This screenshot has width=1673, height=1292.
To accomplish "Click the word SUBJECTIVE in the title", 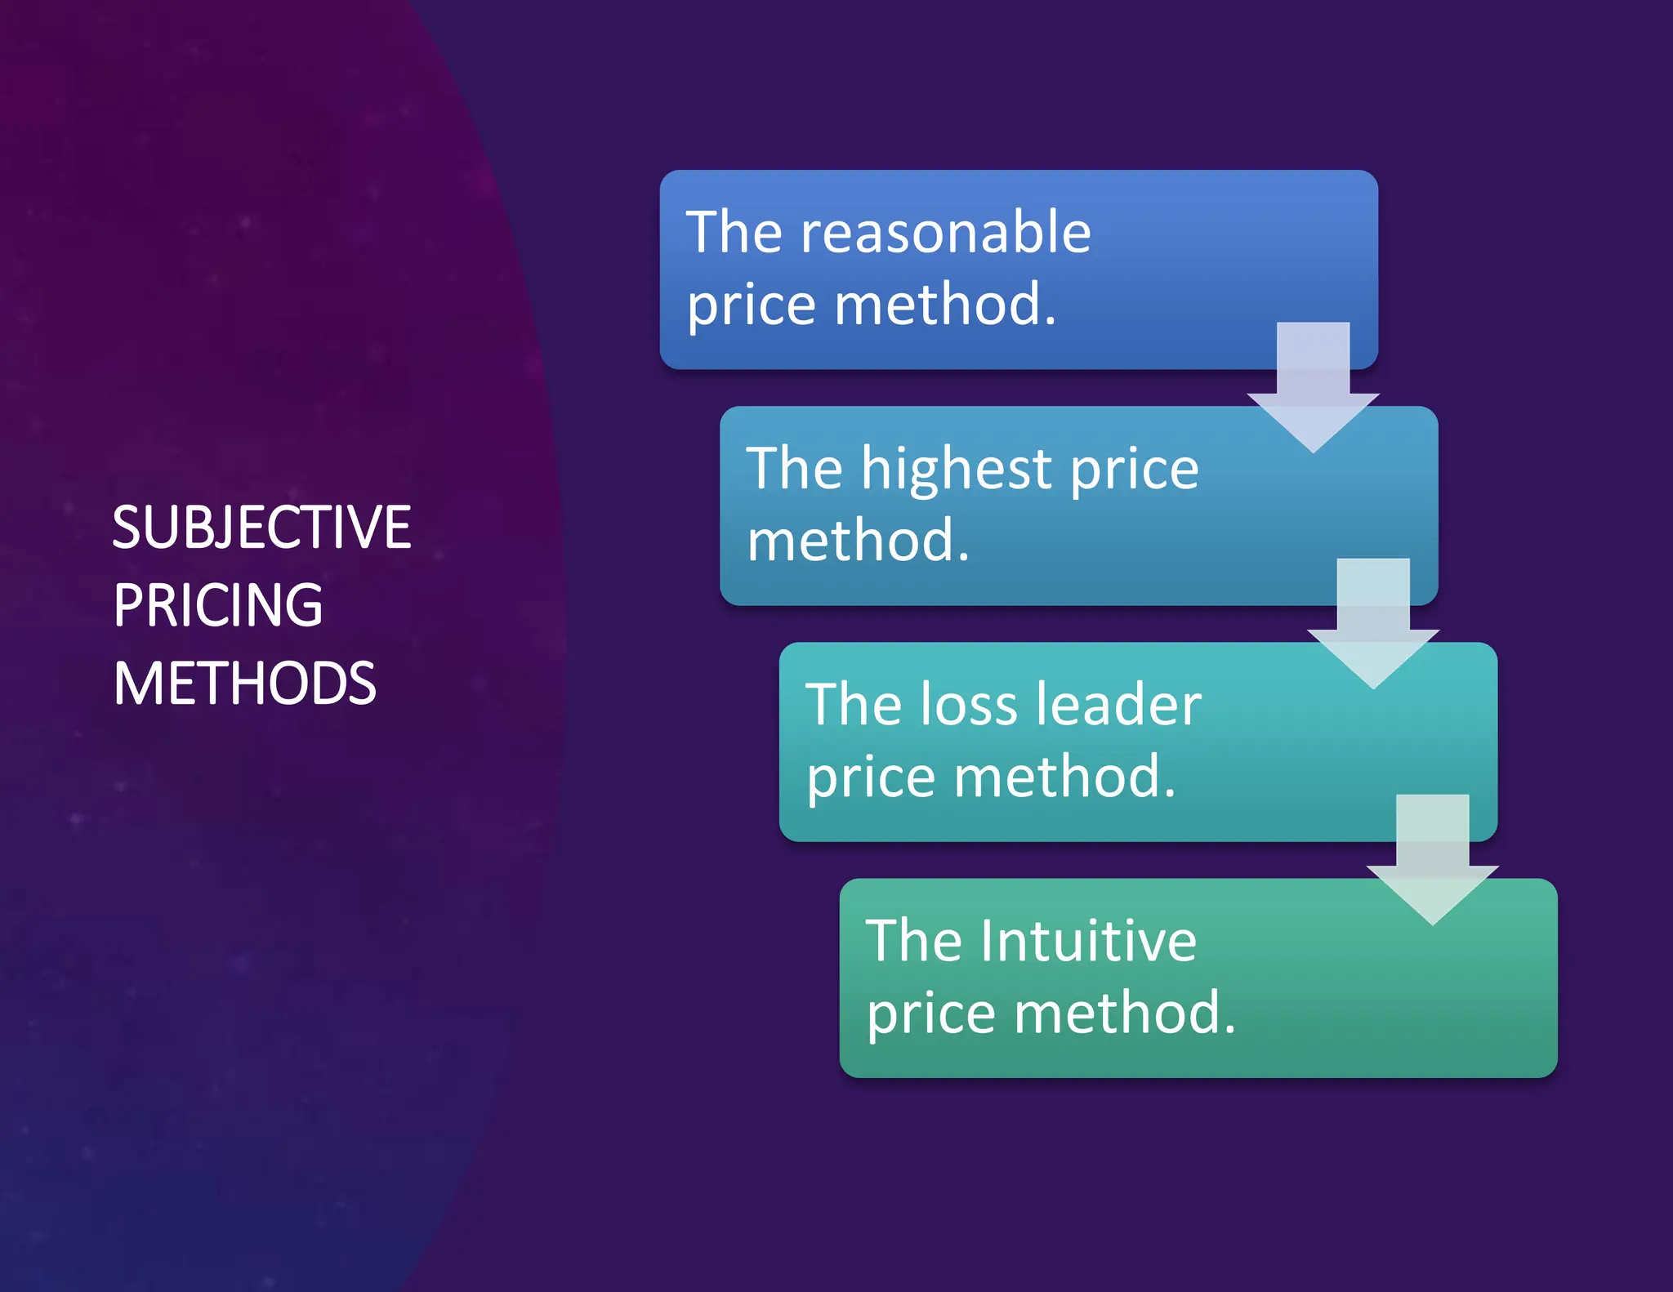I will point(261,528).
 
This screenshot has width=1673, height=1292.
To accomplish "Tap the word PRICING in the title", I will point(218,605).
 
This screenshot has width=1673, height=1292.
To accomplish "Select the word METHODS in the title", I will point(244,684).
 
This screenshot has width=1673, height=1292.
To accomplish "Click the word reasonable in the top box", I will point(945,233).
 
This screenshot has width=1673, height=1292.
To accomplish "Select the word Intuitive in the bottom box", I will point(1089,941).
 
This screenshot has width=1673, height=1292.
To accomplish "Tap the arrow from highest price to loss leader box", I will point(1373,621).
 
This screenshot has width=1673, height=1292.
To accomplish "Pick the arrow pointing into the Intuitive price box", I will point(1432,858).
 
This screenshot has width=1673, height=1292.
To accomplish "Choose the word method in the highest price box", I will point(858,541).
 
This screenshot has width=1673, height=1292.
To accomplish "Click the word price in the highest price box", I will point(1134,470).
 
